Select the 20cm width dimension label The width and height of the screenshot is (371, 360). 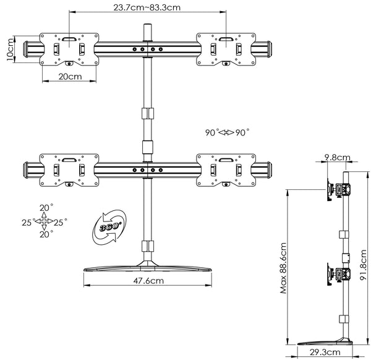point(70,77)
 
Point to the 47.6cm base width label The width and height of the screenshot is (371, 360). point(147,280)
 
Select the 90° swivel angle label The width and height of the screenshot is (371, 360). point(227,132)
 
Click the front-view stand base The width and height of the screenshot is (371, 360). point(147,267)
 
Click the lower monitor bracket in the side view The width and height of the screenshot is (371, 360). point(336,274)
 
